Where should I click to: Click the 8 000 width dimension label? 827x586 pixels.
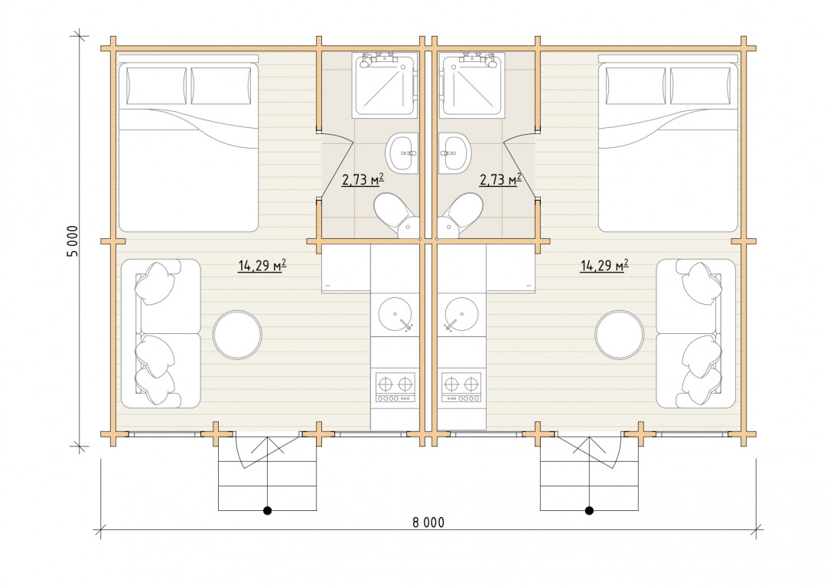click(x=428, y=522)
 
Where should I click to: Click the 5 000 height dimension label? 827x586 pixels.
click(x=73, y=241)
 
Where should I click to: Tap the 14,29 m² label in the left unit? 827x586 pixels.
click(x=262, y=265)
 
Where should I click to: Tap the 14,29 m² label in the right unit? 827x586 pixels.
click(x=604, y=265)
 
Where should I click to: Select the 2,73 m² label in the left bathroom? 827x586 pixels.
click(x=363, y=179)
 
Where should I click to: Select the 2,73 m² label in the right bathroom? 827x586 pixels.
click(x=500, y=179)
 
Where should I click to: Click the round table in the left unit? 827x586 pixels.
click(x=237, y=335)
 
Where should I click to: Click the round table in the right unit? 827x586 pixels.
click(x=619, y=335)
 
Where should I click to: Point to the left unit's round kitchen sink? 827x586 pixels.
click(x=396, y=315)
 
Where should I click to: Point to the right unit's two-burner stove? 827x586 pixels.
click(x=461, y=388)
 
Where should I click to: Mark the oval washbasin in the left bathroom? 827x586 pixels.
click(x=402, y=154)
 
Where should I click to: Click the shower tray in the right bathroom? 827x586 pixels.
click(x=470, y=84)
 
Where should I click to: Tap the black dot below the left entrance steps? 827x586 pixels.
click(x=268, y=510)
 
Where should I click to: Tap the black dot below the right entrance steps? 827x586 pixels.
click(x=589, y=510)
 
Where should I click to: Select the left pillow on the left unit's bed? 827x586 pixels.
click(x=156, y=86)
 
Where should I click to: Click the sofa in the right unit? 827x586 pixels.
click(x=695, y=334)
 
